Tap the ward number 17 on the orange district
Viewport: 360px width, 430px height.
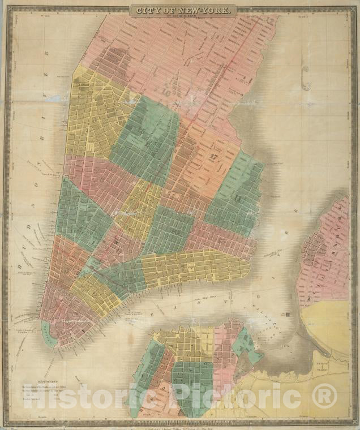click(214, 157)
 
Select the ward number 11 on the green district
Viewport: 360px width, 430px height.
click(238, 199)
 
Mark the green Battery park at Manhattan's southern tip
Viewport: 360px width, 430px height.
click(49, 337)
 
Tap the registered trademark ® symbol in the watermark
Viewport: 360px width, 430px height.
click(324, 395)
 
